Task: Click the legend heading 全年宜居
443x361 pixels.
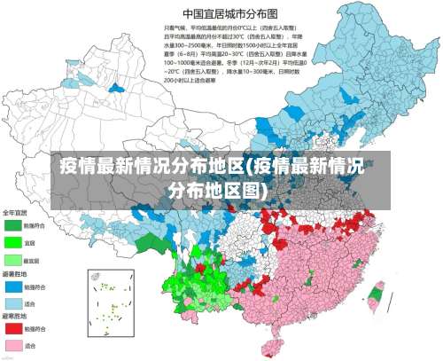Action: (15, 213)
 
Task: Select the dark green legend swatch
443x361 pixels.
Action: (12, 225)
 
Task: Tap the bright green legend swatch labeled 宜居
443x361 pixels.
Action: (12, 241)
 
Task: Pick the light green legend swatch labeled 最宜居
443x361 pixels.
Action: (12, 259)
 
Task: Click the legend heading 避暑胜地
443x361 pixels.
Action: (15, 273)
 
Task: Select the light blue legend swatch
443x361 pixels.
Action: (12, 302)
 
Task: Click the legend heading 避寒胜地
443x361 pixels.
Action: (15, 316)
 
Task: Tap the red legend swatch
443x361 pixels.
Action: (12, 328)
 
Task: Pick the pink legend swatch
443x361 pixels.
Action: (12, 345)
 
